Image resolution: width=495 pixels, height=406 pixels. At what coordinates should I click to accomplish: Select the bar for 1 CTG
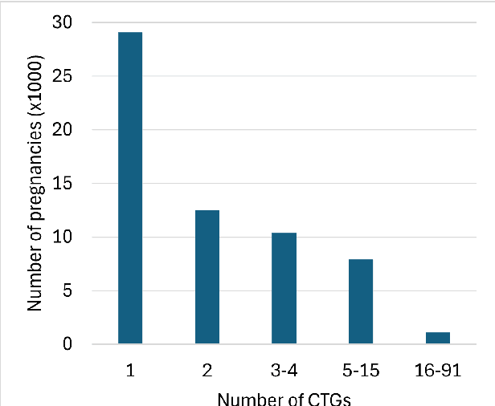(130, 189)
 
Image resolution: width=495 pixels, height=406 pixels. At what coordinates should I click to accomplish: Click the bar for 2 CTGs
(207, 277)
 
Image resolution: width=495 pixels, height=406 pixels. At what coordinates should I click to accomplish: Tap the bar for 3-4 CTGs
(284, 288)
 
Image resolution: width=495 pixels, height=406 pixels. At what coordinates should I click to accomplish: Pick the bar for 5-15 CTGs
(361, 302)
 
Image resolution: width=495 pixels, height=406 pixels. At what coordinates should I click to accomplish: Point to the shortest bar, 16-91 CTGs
(437, 338)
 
